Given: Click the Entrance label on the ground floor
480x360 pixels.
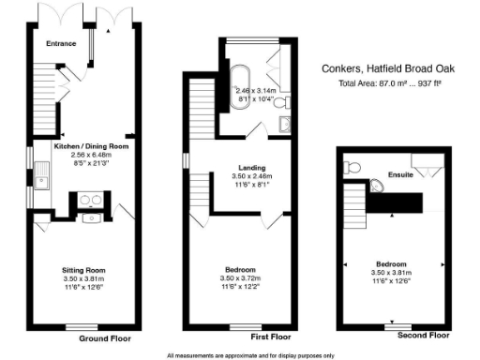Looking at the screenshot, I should tap(64, 42).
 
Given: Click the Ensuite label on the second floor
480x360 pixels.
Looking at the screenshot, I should tap(400, 174).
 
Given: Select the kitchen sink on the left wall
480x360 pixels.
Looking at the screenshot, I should tap(43, 174).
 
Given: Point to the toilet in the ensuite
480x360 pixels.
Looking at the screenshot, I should tap(352, 167).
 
